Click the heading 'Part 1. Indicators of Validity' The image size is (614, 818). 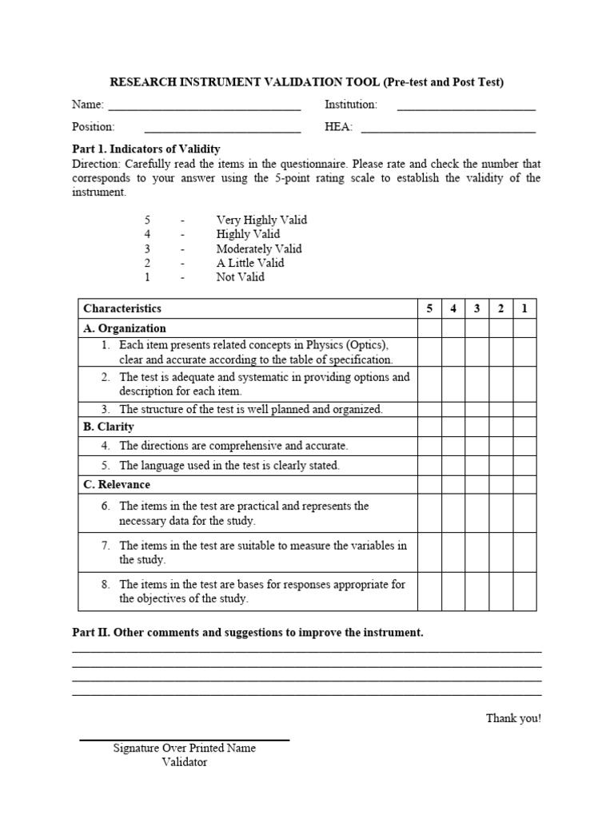(x=146, y=149)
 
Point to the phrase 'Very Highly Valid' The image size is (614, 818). (x=261, y=220)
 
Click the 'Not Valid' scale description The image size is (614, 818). (x=240, y=277)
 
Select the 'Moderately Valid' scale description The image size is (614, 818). (x=259, y=248)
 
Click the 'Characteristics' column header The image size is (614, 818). (x=122, y=308)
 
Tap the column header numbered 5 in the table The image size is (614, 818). (x=429, y=308)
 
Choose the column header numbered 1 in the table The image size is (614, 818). (x=524, y=308)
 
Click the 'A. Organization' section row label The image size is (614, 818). (x=125, y=328)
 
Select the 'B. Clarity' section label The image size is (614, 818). (x=109, y=427)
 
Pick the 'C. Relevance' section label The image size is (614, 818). (x=117, y=485)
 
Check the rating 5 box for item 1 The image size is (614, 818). (x=429, y=352)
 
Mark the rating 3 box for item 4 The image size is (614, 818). (x=477, y=447)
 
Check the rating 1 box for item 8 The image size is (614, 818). (x=524, y=591)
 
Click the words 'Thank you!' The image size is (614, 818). (x=513, y=718)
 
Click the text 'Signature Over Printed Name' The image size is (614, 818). (x=185, y=749)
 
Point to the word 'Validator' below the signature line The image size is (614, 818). (x=185, y=762)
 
